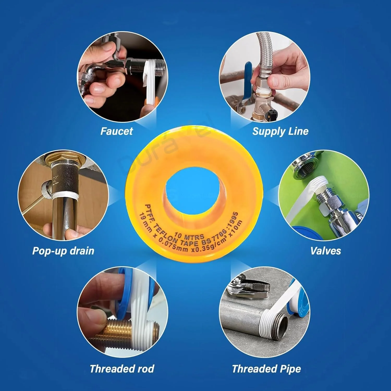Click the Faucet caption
(117, 131)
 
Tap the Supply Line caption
(280, 131)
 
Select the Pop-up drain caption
(63, 251)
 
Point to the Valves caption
(326, 251)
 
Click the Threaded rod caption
(122, 369)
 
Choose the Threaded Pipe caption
(266, 369)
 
